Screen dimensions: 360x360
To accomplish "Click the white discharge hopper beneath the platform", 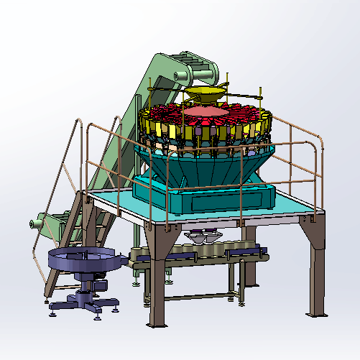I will pyautogui.click(x=203, y=237).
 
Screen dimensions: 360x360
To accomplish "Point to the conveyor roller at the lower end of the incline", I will pyautogui.click(x=35, y=224).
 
